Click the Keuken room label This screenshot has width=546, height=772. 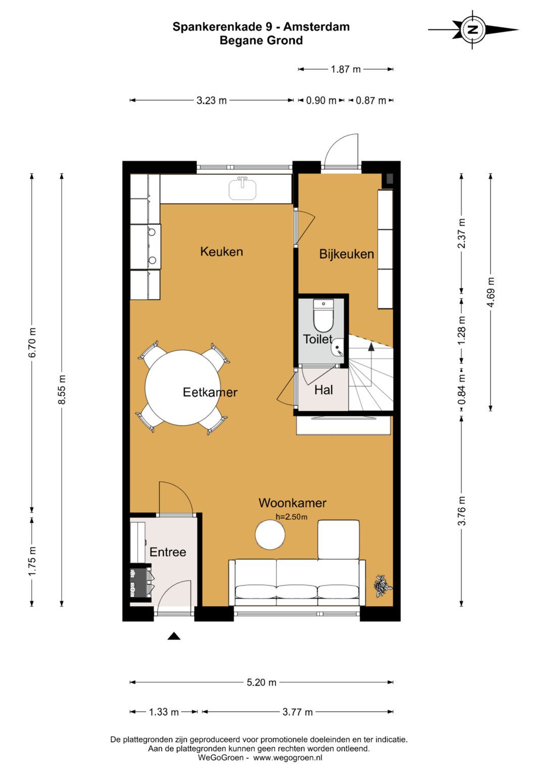[221, 252]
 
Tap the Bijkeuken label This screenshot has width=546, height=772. [346, 254]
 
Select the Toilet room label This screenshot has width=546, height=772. [318, 339]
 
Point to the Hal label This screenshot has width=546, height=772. [324, 390]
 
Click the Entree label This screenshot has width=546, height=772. [167, 552]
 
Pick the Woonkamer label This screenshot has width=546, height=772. [292, 503]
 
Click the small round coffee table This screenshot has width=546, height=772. [270, 534]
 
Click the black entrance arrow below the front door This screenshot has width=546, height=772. [174, 636]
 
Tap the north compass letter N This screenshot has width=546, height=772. [473, 30]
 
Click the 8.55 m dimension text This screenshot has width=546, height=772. [62, 389]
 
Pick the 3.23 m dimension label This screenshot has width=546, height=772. [211, 101]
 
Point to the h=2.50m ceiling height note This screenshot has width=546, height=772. [291, 517]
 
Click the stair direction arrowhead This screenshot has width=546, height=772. [371, 347]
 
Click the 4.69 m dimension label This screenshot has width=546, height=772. [491, 292]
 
